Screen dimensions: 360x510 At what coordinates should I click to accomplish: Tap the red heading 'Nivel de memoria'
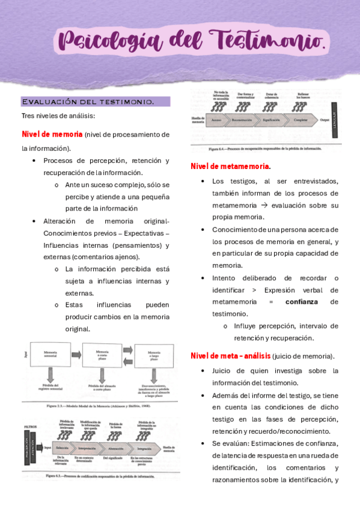coord(52,134)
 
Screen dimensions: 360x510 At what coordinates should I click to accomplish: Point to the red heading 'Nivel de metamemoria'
coord(230,166)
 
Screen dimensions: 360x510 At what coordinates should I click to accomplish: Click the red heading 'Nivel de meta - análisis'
coord(230,356)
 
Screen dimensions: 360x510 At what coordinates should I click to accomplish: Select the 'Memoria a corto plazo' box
coord(102,356)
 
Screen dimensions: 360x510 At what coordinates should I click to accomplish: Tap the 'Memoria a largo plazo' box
coord(154,356)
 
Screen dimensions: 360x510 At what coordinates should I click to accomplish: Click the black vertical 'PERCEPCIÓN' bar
coord(28,447)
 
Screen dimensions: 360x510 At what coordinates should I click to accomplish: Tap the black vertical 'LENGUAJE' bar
coord(337,120)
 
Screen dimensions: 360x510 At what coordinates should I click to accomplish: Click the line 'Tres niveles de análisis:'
coord(58,116)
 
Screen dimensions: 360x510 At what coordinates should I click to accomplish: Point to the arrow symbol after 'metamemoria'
coord(263,206)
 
